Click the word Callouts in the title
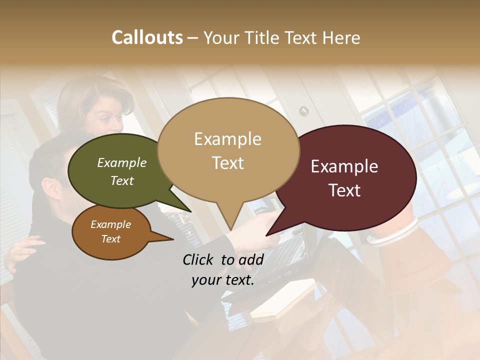tap(147, 37)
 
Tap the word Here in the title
tap(340, 37)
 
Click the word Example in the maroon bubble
tap(344, 167)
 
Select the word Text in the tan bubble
tap(228, 163)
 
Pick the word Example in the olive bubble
tap(122, 163)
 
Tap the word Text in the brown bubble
tap(111, 239)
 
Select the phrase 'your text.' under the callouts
tap(222, 280)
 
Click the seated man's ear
tap(51, 188)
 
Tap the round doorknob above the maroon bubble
tap(303, 110)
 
